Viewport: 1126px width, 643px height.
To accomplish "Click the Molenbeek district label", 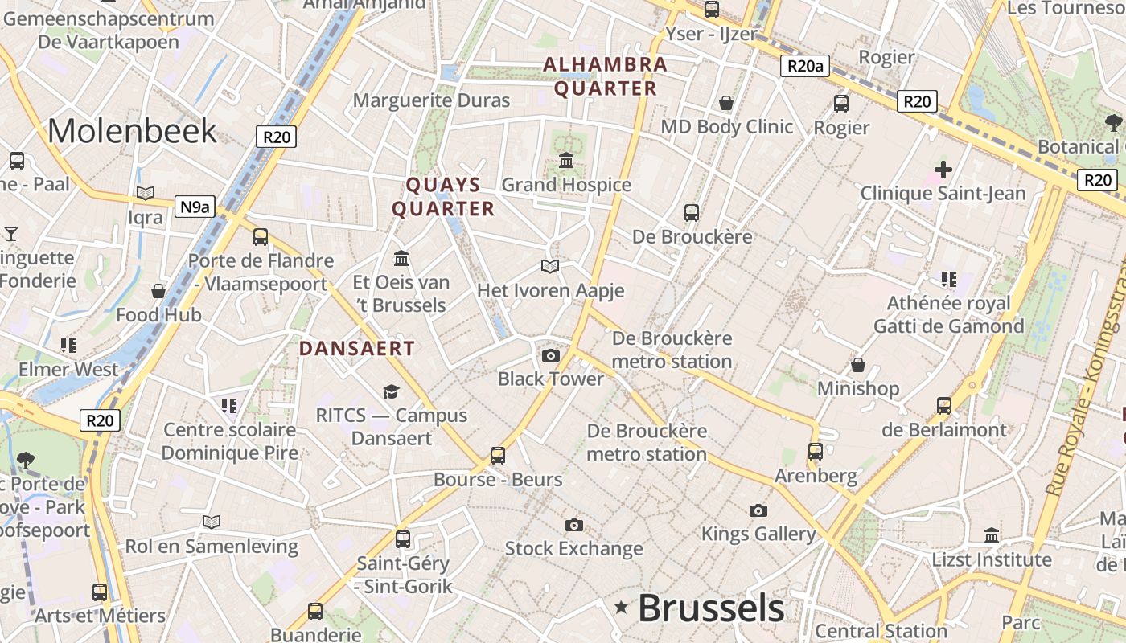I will [x=133, y=131].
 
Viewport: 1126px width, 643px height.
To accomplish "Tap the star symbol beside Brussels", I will [x=621, y=608].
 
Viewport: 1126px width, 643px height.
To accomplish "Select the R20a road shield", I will [x=803, y=66].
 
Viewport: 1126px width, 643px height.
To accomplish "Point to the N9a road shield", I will [x=195, y=207].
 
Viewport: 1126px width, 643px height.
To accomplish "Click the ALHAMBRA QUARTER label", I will [x=605, y=76].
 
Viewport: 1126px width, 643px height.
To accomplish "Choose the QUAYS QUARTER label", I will [x=442, y=197].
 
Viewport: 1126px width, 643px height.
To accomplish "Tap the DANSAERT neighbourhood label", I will [x=357, y=348].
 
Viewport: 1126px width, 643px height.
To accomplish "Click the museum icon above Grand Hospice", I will [x=566, y=161].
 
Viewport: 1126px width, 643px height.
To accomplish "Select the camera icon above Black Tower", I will [x=551, y=355].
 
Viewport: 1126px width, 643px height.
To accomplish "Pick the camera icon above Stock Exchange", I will [x=573, y=525].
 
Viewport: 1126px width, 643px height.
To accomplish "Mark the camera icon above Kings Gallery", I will [x=758, y=510].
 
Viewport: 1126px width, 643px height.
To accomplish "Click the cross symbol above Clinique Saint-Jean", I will [x=943, y=170].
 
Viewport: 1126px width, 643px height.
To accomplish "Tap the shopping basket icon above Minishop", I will [x=858, y=365].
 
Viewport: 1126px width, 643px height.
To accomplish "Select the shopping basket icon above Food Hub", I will [x=158, y=290].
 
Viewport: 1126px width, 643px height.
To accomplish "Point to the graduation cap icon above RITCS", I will [x=391, y=391].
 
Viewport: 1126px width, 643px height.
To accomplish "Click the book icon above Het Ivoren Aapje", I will [x=550, y=266].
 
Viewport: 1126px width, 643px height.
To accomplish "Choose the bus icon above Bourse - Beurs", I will [x=498, y=456].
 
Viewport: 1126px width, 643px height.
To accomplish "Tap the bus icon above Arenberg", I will [x=816, y=451].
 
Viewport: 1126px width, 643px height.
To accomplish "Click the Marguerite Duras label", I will [x=432, y=100].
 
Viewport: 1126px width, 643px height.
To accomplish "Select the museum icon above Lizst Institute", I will [x=992, y=535].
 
